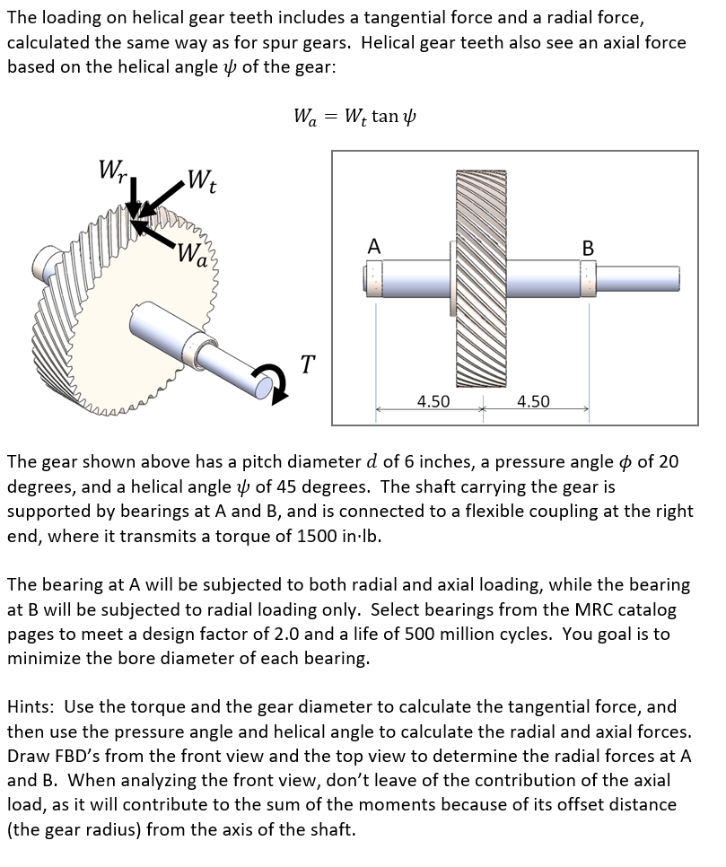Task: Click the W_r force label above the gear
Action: pyautogui.click(x=112, y=170)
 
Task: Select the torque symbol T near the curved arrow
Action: pyautogui.click(x=308, y=364)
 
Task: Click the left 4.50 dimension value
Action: pyautogui.click(x=433, y=401)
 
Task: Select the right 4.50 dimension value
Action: pyautogui.click(x=533, y=401)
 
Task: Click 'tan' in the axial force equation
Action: pyautogui.click(x=384, y=117)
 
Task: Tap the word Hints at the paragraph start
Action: pyautogui.click(x=31, y=706)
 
